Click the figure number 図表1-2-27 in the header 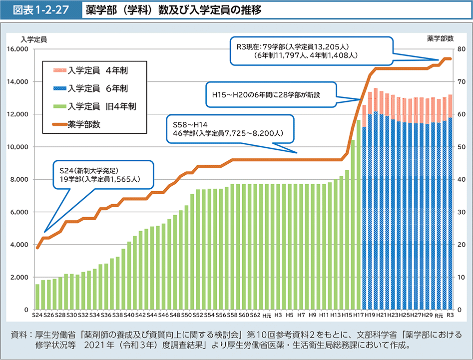pyautogui.click(x=41, y=10)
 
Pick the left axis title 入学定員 pyautogui.click(x=33, y=38)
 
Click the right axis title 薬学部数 pyautogui.click(x=440, y=38)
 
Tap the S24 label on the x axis pyautogui.click(x=37, y=316)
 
